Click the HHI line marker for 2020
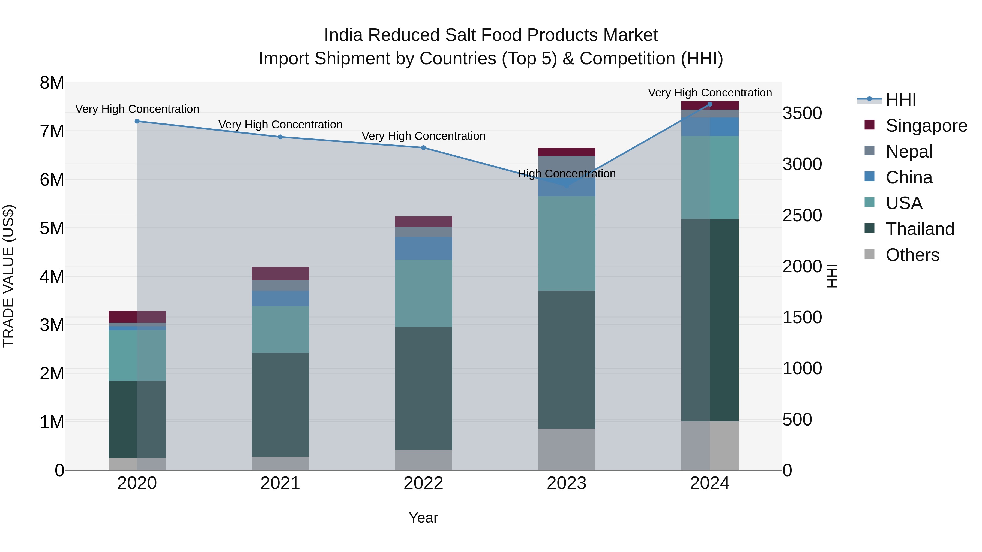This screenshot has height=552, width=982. click(137, 121)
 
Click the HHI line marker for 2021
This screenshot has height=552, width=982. click(280, 137)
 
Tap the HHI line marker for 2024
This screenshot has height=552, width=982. click(710, 104)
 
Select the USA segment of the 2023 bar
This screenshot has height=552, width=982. click(567, 244)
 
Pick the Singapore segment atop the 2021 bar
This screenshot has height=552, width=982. click(280, 273)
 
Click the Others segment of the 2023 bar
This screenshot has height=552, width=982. click(567, 450)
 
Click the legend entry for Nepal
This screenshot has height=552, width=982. click(909, 152)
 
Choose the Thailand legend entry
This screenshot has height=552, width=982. click(920, 229)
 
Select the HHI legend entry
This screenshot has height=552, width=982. click(900, 100)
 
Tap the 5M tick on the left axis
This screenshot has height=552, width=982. click(52, 228)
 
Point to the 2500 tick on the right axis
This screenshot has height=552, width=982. click(802, 216)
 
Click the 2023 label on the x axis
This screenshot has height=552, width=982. click(567, 483)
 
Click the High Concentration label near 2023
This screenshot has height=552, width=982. click(567, 174)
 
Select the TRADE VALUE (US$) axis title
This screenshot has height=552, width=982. click(8, 276)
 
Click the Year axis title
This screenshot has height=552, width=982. click(423, 518)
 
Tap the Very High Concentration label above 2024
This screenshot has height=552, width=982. click(710, 93)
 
